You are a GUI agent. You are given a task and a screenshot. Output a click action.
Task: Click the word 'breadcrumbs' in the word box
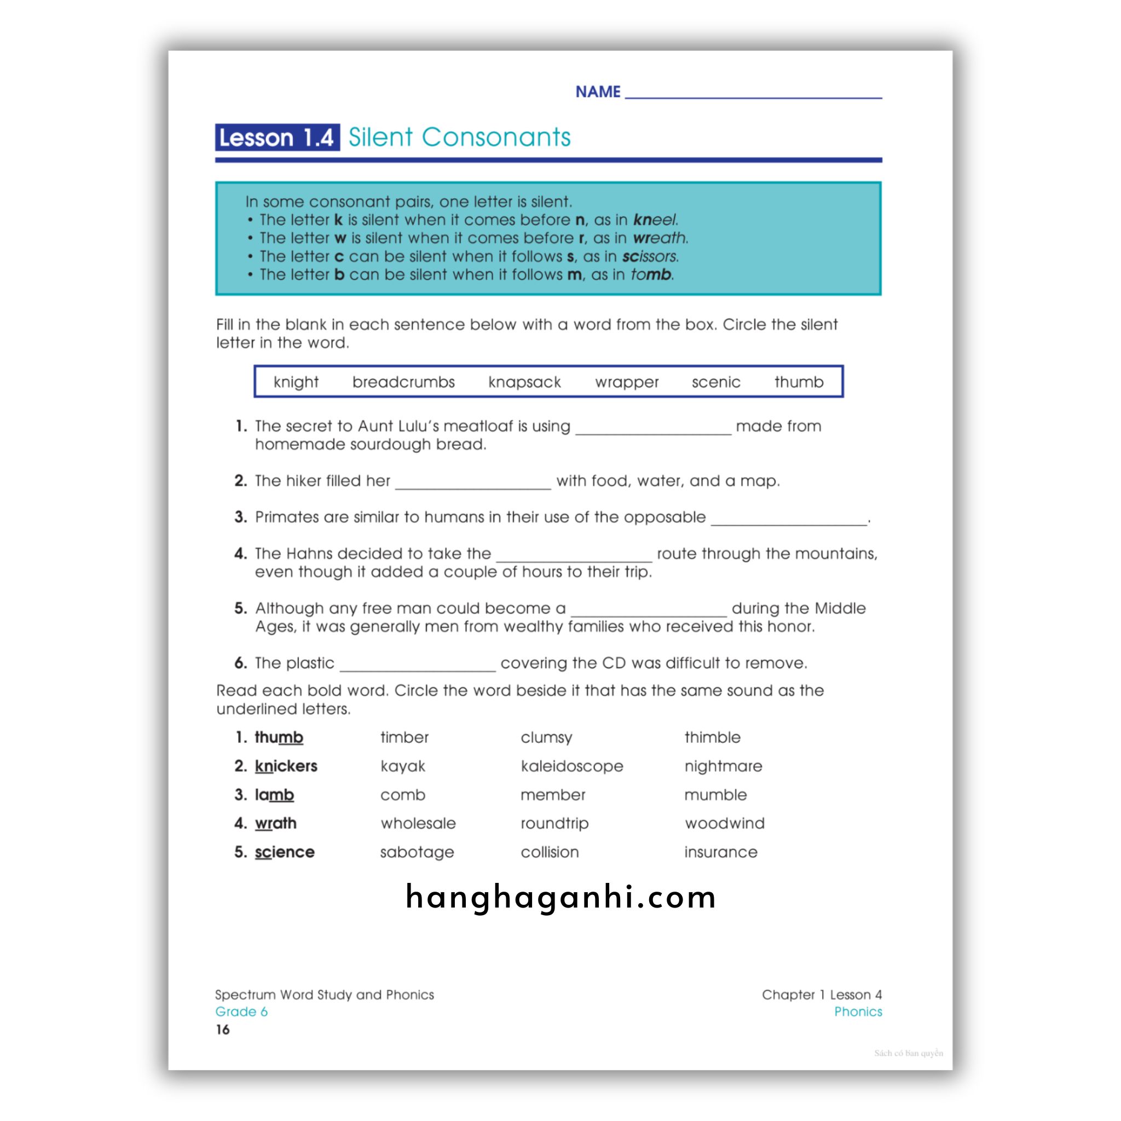click(x=403, y=382)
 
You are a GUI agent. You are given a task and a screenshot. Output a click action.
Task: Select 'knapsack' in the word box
click(x=524, y=382)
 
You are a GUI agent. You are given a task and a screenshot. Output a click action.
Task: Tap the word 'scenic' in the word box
click(x=716, y=382)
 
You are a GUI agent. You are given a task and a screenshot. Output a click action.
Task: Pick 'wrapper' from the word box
click(x=627, y=382)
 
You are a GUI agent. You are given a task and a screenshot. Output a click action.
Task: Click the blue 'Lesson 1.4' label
click(x=277, y=137)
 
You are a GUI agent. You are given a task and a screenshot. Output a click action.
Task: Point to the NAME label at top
click(x=598, y=91)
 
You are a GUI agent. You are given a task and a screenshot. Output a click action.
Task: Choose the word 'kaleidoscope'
click(x=571, y=766)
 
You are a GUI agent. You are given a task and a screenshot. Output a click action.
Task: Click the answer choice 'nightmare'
click(x=723, y=766)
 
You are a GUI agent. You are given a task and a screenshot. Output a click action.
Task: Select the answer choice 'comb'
click(x=403, y=794)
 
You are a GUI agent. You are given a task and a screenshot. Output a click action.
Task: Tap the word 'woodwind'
click(x=724, y=823)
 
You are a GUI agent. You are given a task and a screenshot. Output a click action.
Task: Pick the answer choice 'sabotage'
click(x=417, y=852)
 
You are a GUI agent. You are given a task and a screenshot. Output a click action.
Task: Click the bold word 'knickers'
click(x=286, y=766)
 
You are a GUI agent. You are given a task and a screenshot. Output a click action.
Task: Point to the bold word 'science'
click(x=284, y=852)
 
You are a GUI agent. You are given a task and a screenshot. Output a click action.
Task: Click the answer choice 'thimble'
click(x=712, y=737)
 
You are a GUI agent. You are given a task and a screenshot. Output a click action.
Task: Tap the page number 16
click(x=223, y=1030)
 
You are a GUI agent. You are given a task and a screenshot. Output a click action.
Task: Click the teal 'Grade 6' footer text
click(x=241, y=1012)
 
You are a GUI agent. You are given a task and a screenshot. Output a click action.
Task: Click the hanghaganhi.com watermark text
click(x=560, y=897)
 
